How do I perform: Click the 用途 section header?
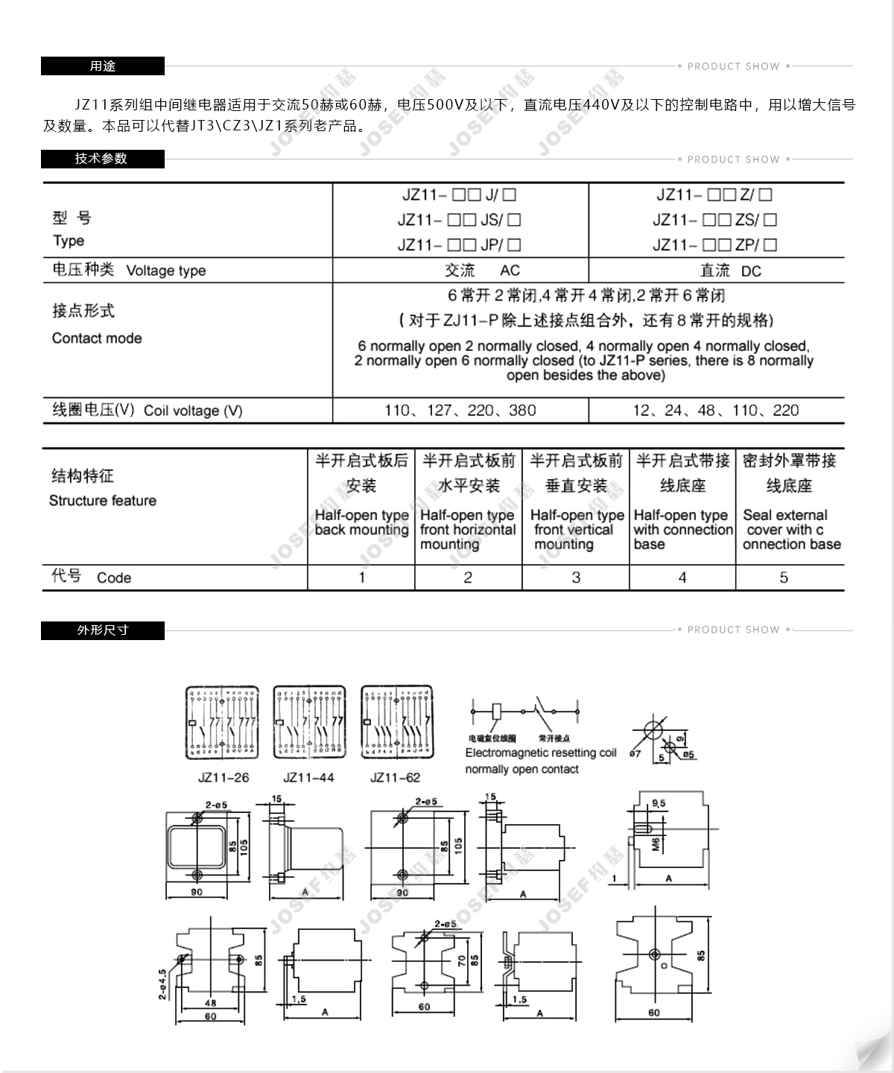pyautogui.click(x=103, y=66)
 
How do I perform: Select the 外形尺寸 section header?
pyautogui.click(x=103, y=630)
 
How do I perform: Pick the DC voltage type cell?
pyautogui.click(x=730, y=270)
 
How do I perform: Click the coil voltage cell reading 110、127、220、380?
pyautogui.click(x=460, y=411)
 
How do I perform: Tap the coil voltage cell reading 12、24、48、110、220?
pyautogui.click(x=715, y=411)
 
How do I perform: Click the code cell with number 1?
pyautogui.click(x=361, y=577)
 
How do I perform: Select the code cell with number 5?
pyautogui.click(x=784, y=577)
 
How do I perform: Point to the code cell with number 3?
pyautogui.click(x=576, y=577)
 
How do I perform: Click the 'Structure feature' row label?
pyautogui.click(x=103, y=501)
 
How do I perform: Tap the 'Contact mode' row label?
pyautogui.click(x=97, y=338)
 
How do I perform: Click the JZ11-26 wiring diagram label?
pyautogui.click(x=223, y=778)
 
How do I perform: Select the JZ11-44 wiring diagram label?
pyautogui.click(x=308, y=778)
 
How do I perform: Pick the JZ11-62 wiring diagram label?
pyautogui.click(x=395, y=778)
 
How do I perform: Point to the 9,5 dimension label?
pyautogui.click(x=659, y=804)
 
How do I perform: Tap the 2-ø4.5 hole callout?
pyautogui.click(x=162, y=984)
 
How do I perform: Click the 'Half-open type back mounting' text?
pyautogui.click(x=361, y=522)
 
